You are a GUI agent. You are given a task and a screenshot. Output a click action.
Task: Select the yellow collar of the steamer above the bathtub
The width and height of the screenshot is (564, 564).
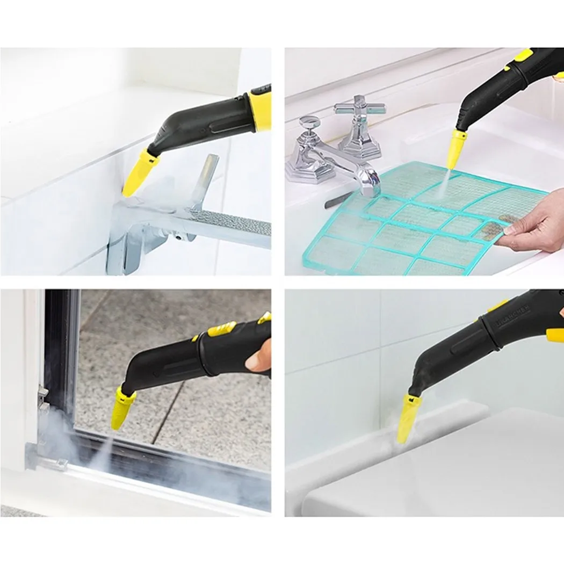259,112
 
